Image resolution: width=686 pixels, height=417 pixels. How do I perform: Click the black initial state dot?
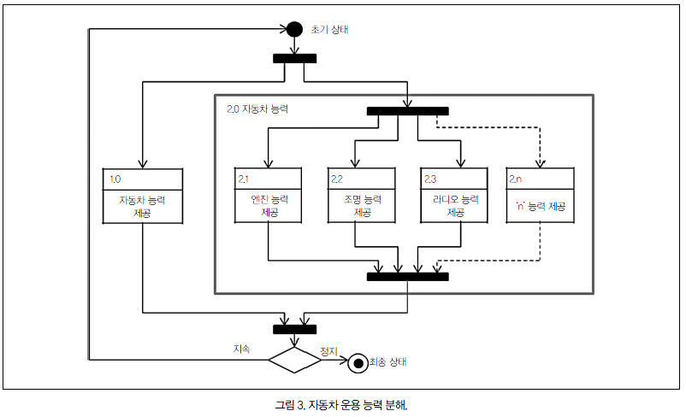(x=295, y=29)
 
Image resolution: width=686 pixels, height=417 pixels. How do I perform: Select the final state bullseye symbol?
(x=355, y=361)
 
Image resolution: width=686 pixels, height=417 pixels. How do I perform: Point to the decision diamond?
(x=295, y=359)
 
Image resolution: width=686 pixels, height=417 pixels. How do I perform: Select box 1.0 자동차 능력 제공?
(x=143, y=195)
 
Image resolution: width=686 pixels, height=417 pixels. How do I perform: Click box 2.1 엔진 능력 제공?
(x=269, y=195)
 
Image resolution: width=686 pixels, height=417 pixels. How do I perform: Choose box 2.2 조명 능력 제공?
(x=361, y=195)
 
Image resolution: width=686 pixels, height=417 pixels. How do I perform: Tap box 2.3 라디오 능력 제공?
(x=453, y=195)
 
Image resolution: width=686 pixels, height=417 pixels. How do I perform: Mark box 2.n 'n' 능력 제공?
(x=540, y=195)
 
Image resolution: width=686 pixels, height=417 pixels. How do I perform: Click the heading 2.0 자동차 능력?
(x=257, y=109)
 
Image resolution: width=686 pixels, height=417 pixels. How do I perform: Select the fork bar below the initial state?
(x=295, y=58)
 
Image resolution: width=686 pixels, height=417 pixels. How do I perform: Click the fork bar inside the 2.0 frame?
(x=408, y=110)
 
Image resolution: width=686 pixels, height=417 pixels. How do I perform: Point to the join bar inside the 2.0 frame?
(x=408, y=276)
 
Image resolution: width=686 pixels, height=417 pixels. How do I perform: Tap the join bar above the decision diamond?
(x=295, y=329)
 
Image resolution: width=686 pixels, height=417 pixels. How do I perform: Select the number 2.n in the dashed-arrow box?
(x=517, y=179)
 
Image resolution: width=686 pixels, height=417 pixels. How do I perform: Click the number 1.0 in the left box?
(x=116, y=179)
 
